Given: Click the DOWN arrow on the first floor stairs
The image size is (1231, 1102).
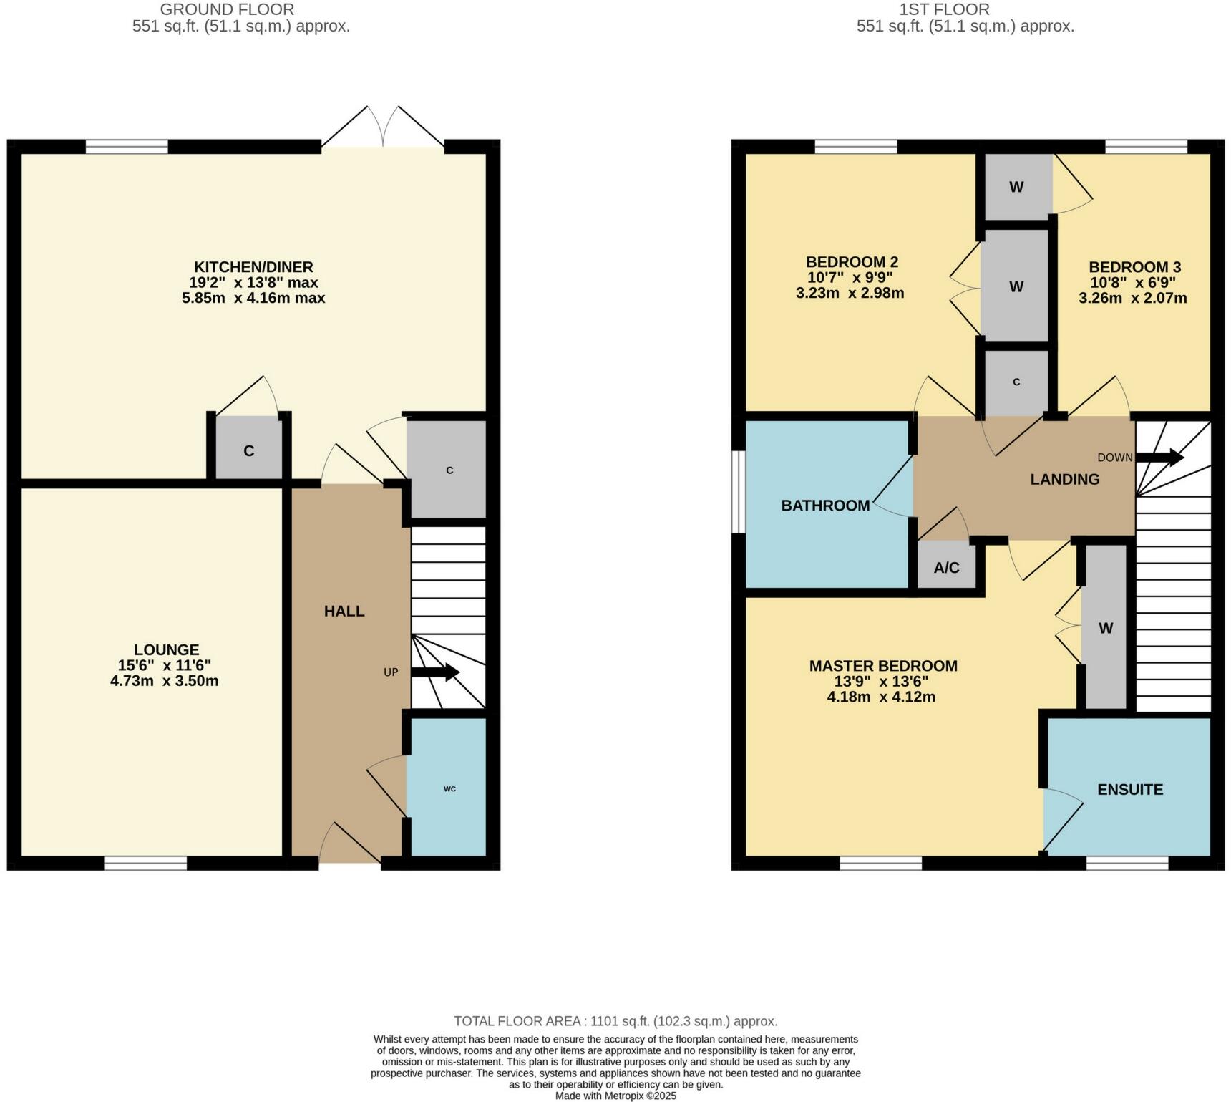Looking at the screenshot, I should tap(1159, 458).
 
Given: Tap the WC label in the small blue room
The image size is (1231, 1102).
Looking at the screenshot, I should tap(449, 788).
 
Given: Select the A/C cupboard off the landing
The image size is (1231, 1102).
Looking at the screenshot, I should tap(946, 568).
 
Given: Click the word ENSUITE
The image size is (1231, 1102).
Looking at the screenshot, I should tap(1130, 789).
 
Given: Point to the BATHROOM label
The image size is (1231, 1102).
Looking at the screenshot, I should tap(825, 506).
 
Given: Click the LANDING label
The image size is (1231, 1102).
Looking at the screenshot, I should tap(1064, 480).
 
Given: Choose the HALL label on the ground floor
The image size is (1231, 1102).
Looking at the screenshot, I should tap(344, 611).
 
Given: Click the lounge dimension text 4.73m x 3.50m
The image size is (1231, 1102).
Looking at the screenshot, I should tap(164, 681).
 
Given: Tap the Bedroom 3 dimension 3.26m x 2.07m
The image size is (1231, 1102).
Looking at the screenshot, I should tap(1132, 298).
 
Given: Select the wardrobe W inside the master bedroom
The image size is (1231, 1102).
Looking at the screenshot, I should tap(1105, 629).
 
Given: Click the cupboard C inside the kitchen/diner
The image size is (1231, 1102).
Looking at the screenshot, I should tap(248, 451).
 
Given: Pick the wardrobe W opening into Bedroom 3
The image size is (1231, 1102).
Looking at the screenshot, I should tap(1016, 188).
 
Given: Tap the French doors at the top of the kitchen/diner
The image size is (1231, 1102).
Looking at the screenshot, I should tap(382, 129).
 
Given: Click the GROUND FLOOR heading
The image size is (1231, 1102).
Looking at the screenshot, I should tap(226, 10).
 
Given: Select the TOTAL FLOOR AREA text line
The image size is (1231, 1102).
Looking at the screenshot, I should tap(615, 1021).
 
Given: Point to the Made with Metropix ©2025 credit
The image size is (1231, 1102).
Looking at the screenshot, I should tap(615, 1096).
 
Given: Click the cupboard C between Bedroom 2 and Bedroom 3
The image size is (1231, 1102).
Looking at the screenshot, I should tap(1016, 382).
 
